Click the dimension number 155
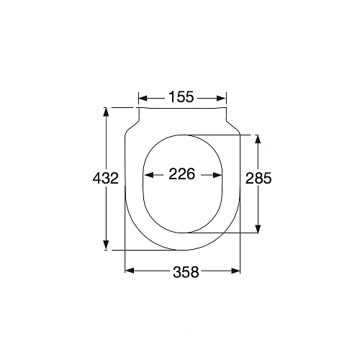pos(182,97)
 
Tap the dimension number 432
pos(106,178)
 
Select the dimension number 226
pos(182,174)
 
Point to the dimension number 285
pos(258,178)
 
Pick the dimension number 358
pos(185,271)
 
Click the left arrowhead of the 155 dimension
pos(142,98)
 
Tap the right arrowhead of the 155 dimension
pos(222,98)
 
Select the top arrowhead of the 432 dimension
pos(107,112)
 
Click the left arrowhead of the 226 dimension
pos(149,174)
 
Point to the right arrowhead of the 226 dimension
pos(215,174)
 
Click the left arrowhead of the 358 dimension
pos(130,271)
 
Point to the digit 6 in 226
pos(191,174)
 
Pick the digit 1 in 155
pos(173,97)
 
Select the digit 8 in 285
pos(258,178)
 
